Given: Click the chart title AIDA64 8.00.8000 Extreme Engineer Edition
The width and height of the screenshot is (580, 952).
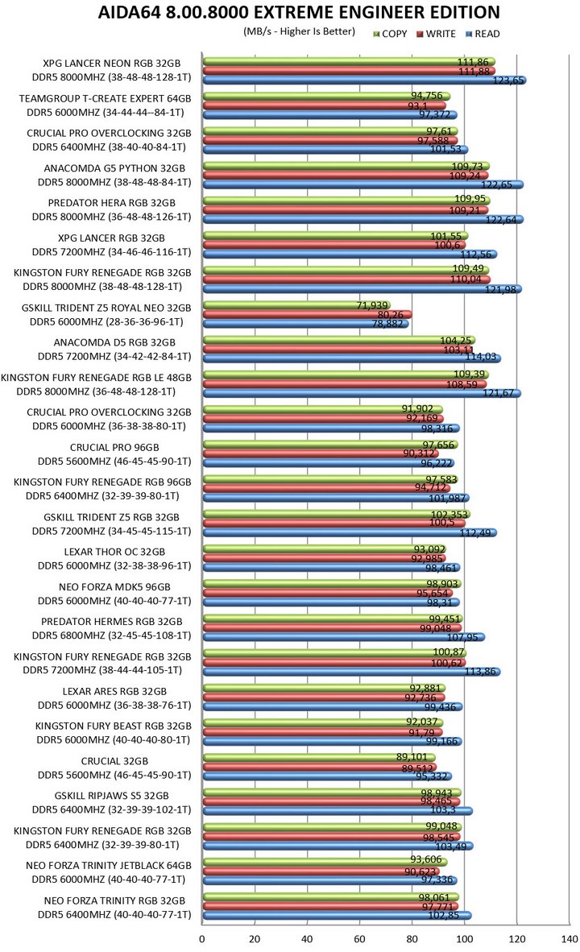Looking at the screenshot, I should pyautogui.click(x=298, y=12).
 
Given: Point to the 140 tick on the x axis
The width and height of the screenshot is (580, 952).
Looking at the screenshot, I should pyautogui.click(x=569, y=940).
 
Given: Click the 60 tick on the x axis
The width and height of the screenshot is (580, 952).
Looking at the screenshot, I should pyautogui.click(x=359, y=940).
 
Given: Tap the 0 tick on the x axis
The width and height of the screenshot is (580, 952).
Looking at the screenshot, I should pyautogui.click(x=202, y=940).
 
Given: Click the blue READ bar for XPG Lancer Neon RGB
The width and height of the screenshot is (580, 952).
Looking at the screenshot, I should pyautogui.click(x=362, y=81).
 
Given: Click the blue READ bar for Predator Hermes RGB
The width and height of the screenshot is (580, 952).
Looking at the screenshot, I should pyautogui.click(x=343, y=637).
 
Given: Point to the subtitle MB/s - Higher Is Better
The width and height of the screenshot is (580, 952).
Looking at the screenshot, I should pyautogui.click(x=298, y=33).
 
